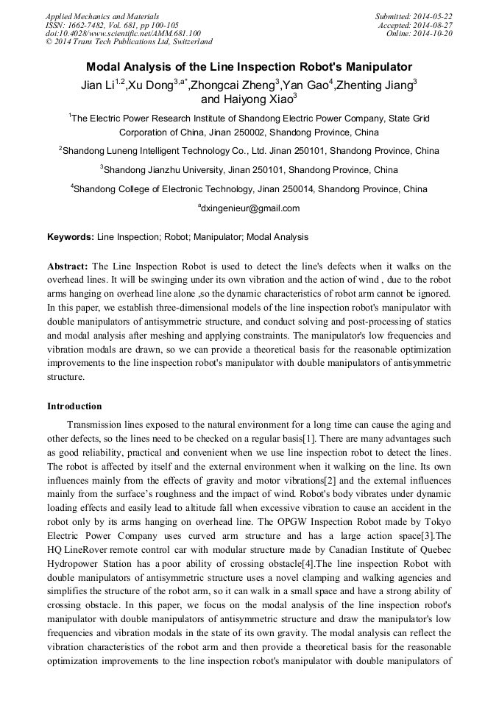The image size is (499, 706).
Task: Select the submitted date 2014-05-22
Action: pyautogui.click(x=433, y=16)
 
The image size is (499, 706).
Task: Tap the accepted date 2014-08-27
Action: pyautogui.click(x=433, y=25)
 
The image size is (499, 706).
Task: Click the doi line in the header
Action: pyautogui.click(x=123, y=34)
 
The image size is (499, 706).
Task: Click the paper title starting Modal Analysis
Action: pyautogui.click(x=249, y=66)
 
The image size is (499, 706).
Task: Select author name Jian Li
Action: pyautogui.click(x=97, y=86)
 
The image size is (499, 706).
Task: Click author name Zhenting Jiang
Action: pyautogui.click(x=375, y=86)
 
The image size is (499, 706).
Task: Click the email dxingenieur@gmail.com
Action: pyautogui.click(x=250, y=208)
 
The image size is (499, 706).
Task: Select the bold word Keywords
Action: pyautogui.click(x=70, y=238)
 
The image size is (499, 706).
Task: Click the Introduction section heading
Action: pyautogui.click(x=74, y=406)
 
